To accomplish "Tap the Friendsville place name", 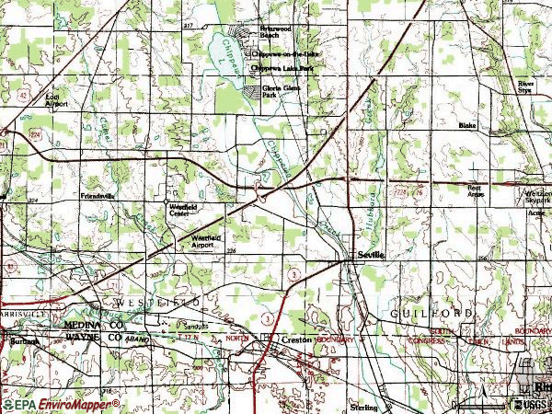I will [x=99, y=196].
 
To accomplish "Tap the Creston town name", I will [x=295, y=339].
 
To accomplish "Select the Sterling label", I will [x=363, y=406].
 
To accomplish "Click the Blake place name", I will [x=467, y=124].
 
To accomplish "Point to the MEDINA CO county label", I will [x=92, y=326].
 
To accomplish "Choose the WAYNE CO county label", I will [x=92, y=339].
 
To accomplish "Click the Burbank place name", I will [x=25, y=340].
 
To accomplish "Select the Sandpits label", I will [x=194, y=326].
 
